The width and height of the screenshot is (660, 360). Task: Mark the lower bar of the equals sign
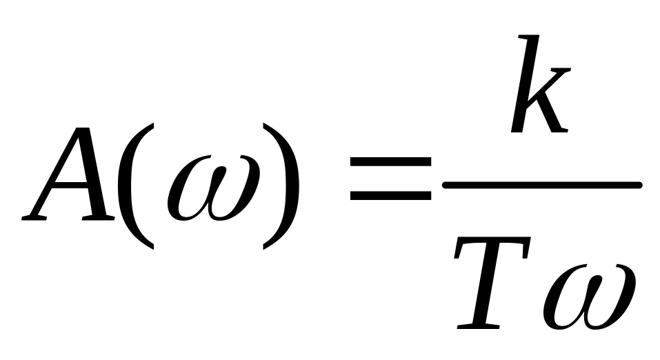[x=390, y=195]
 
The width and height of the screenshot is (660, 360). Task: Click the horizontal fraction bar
[x=542, y=185]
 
